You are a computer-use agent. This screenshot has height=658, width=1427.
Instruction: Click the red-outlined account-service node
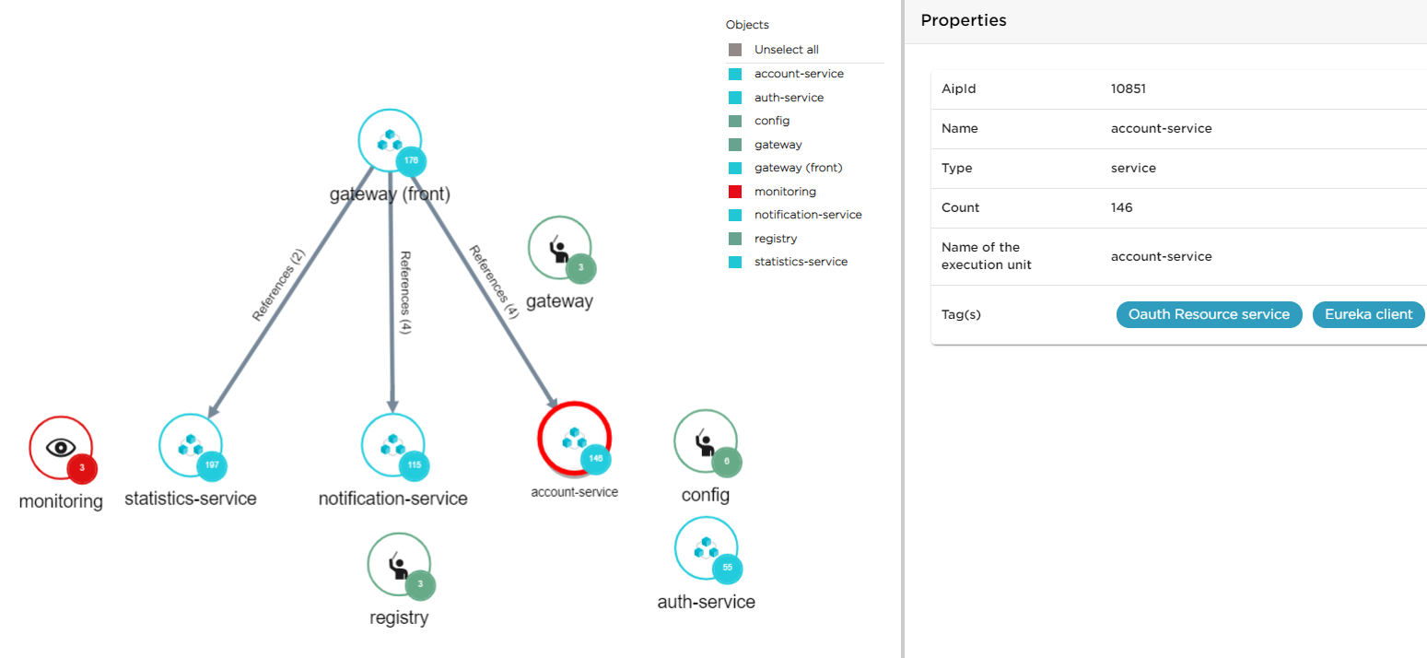[x=574, y=439]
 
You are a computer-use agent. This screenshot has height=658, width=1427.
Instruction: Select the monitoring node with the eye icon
[x=60, y=448]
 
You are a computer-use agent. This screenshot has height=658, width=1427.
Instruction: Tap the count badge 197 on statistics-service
[x=212, y=465]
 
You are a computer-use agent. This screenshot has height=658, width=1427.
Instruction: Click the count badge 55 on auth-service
[x=727, y=568]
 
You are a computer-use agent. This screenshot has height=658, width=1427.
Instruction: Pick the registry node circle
[x=398, y=564]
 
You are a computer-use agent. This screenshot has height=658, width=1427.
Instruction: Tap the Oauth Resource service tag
[x=1209, y=314]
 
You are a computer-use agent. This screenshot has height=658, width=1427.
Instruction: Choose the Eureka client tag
[x=1368, y=314]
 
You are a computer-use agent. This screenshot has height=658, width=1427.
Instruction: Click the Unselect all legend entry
[x=786, y=50]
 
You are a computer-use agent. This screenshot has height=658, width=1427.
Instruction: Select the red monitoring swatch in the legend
[x=735, y=192]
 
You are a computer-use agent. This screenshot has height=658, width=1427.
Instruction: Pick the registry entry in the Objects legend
[x=775, y=239]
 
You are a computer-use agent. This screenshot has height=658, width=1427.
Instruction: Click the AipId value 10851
[x=1128, y=89]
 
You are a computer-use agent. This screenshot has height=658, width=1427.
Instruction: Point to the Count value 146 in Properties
[x=1121, y=207]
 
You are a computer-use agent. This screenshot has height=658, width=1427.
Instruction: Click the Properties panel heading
[x=963, y=20]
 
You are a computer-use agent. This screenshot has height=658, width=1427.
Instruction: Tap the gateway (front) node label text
[x=390, y=194]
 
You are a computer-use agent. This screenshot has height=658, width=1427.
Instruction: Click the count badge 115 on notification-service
[x=414, y=465]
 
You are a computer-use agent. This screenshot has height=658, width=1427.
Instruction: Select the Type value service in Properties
[x=1133, y=169]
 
